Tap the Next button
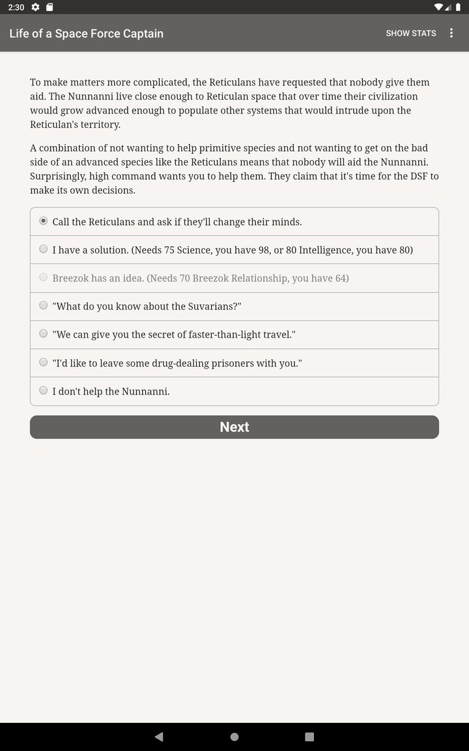(x=234, y=427)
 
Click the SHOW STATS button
(x=410, y=33)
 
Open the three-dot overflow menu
(x=451, y=33)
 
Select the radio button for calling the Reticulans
(x=44, y=221)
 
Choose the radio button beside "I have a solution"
(x=44, y=249)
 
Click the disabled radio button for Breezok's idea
(x=44, y=277)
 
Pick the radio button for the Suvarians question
(x=44, y=305)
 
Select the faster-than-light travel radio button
(x=44, y=333)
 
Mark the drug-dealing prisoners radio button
(x=44, y=362)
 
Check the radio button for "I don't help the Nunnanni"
(x=44, y=390)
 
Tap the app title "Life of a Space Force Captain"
(x=87, y=33)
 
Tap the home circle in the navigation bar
(x=234, y=737)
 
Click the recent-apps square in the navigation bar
(x=309, y=737)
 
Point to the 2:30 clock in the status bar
(x=16, y=7)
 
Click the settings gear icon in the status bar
(x=35, y=7)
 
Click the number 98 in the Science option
(x=264, y=250)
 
